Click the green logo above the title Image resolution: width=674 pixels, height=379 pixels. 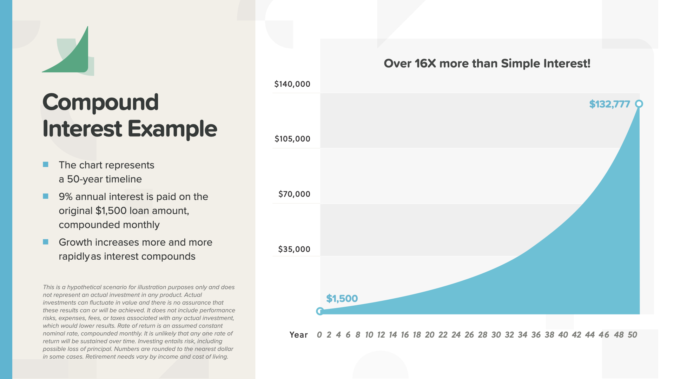coord(72,53)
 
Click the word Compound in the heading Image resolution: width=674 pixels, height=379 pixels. coord(100,102)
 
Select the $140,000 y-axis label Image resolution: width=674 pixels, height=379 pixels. coord(292,84)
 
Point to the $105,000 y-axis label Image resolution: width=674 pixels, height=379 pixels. coord(292,139)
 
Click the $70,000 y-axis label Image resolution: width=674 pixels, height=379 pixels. coord(294,194)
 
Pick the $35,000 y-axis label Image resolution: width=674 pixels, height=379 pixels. coord(294,249)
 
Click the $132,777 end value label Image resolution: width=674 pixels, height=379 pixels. coord(609,104)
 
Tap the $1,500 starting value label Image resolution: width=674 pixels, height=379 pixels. coord(342,299)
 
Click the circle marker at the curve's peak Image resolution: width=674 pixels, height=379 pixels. coord(639,104)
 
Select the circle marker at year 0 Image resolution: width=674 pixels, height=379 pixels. coord(320,311)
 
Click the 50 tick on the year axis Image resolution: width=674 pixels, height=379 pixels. coord(632,335)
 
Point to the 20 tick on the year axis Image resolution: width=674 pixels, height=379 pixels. coord(430,335)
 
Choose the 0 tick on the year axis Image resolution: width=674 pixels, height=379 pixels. coord(319,335)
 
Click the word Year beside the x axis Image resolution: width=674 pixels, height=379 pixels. coord(298,335)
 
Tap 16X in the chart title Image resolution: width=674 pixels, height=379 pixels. coord(425,64)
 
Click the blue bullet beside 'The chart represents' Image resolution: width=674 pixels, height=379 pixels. coord(46,165)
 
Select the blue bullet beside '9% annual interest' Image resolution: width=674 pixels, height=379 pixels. coord(46,196)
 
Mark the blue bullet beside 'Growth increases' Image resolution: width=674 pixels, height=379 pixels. coord(46,242)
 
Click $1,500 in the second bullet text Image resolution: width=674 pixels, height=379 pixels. coord(111,211)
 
